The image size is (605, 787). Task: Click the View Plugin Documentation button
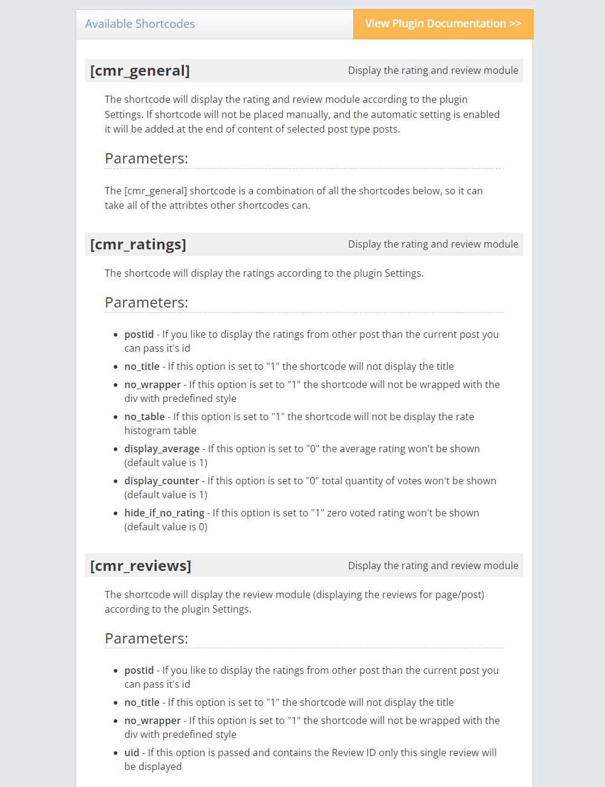click(x=443, y=24)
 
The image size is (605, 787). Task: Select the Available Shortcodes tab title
click(x=140, y=24)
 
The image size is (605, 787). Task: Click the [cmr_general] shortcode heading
click(x=140, y=71)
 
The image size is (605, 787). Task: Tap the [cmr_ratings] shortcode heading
click(x=138, y=245)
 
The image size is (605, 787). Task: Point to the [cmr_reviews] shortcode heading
click(x=140, y=566)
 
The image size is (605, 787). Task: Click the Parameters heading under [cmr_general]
click(x=146, y=159)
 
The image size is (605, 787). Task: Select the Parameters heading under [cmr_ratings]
click(x=146, y=303)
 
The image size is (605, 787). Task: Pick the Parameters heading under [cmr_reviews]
click(x=146, y=639)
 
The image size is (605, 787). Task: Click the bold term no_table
click(x=145, y=417)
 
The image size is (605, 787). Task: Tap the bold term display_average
click(x=162, y=449)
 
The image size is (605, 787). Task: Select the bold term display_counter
click(x=162, y=481)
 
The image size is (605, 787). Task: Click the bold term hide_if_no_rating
click(x=165, y=513)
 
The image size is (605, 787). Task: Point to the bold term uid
click(x=132, y=752)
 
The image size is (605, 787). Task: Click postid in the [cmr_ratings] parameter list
click(x=139, y=334)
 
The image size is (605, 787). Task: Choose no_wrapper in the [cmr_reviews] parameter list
click(x=152, y=720)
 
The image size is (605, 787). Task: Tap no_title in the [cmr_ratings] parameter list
click(x=142, y=366)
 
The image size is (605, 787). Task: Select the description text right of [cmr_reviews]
click(x=433, y=566)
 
